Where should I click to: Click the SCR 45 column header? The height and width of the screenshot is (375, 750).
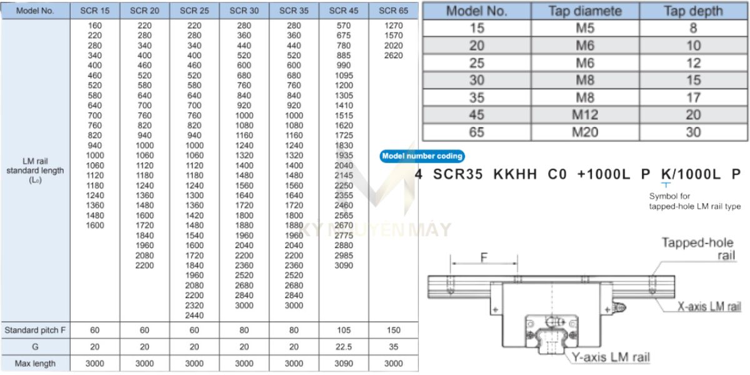point(344,11)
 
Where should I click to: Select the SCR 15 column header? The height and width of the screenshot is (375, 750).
point(95,11)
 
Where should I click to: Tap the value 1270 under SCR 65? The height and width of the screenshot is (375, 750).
point(394,26)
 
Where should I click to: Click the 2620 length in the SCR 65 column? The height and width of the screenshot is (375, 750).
point(394,56)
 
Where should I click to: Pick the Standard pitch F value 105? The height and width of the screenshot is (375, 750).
point(344,330)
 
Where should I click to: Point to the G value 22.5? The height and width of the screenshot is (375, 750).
point(344,347)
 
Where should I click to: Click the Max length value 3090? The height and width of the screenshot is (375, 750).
point(344,363)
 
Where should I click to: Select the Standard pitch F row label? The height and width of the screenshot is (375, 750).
point(35,330)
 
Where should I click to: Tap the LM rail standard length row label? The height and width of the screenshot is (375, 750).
point(35,170)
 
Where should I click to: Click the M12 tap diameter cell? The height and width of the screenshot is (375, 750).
point(585,115)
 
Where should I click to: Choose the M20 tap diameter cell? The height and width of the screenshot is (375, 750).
point(585,132)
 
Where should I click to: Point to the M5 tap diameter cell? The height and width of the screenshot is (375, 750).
point(585,28)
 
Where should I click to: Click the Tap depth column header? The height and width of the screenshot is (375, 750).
point(693,11)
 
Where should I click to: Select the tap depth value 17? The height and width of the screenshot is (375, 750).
point(693,97)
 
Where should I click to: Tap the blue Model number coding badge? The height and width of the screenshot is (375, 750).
point(422,156)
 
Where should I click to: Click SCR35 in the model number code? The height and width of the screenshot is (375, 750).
point(458,175)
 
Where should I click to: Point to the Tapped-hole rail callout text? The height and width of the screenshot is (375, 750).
point(697,249)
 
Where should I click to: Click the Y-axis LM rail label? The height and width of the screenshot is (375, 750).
point(610,357)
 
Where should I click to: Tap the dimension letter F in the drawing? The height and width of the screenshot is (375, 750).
point(483,257)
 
